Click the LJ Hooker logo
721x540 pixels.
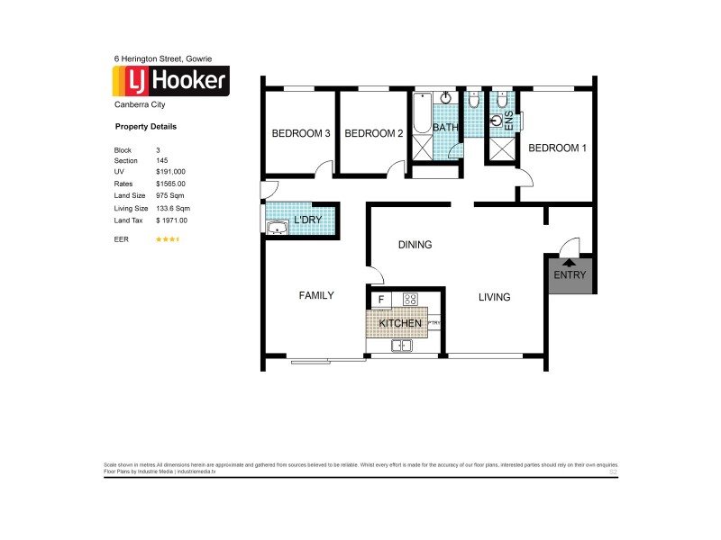pos(169,82)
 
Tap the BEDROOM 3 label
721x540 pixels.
pos(301,134)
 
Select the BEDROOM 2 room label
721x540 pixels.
pos(373,134)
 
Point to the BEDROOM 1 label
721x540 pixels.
pos(557,148)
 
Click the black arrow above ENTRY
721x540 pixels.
pos(570,263)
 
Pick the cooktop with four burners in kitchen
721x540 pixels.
pos(409,300)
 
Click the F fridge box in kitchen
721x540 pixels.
pos(381,300)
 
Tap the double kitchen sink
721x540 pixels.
pos(402,346)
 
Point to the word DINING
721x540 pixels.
pos(415,245)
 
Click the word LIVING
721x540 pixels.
pos(494,297)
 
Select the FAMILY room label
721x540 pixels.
pos(316,295)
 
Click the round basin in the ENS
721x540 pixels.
pos(497,118)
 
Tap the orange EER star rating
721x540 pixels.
pos(169,239)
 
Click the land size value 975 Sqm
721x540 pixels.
pos(170,195)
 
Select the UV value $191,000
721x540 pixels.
pos(170,171)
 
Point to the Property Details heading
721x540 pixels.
pos(146,127)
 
